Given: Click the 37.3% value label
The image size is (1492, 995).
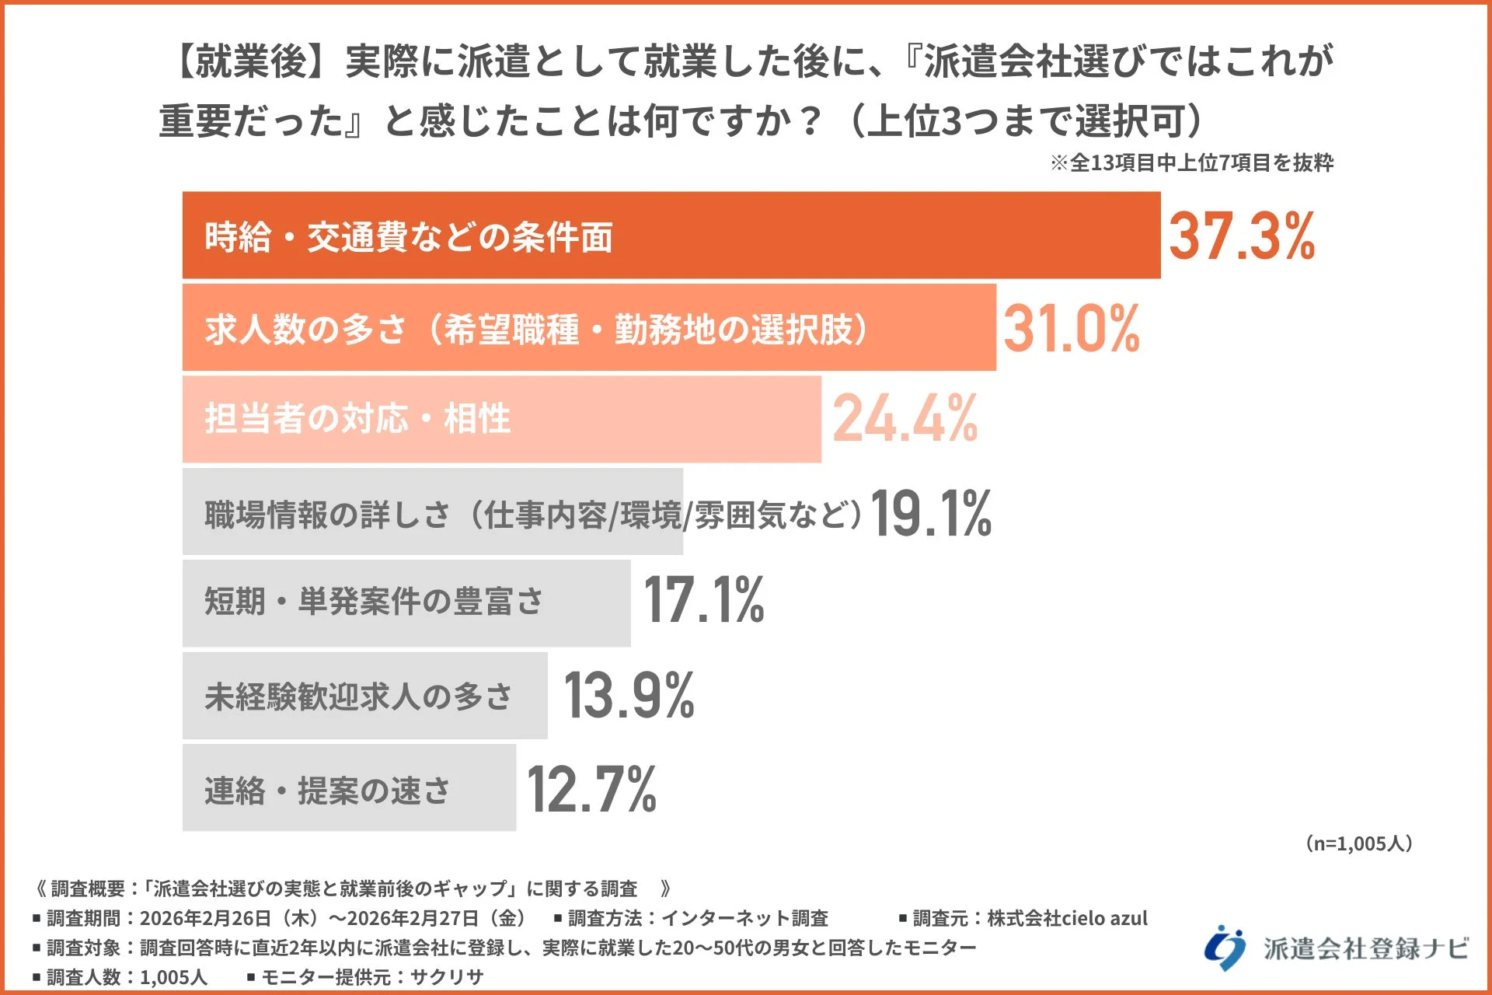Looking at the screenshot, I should [x=1241, y=236].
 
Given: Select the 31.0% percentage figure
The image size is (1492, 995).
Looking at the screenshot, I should [x=1071, y=328].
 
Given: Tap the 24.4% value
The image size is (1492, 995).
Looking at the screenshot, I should [x=905, y=419].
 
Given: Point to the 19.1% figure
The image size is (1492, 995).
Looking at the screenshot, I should [x=930, y=513].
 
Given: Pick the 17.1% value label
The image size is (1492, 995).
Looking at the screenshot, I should [x=703, y=600].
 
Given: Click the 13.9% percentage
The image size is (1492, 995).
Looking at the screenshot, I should [x=629, y=695].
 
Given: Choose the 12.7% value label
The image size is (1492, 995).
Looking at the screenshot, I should [x=591, y=789].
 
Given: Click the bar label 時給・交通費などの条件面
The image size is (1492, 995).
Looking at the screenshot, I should [x=409, y=236].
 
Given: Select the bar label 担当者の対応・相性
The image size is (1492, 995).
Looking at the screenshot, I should [x=357, y=419].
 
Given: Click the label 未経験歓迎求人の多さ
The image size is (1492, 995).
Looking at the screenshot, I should [x=358, y=696].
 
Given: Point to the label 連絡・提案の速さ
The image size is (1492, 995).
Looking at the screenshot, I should [x=327, y=791].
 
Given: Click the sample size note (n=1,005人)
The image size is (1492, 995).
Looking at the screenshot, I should [x=1358, y=843].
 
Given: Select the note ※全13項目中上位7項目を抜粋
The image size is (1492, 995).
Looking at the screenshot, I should [x=1191, y=162].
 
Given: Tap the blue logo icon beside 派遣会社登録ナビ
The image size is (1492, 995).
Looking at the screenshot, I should [x=1224, y=948].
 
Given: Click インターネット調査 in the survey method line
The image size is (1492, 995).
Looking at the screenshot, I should [x=744, y=918].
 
